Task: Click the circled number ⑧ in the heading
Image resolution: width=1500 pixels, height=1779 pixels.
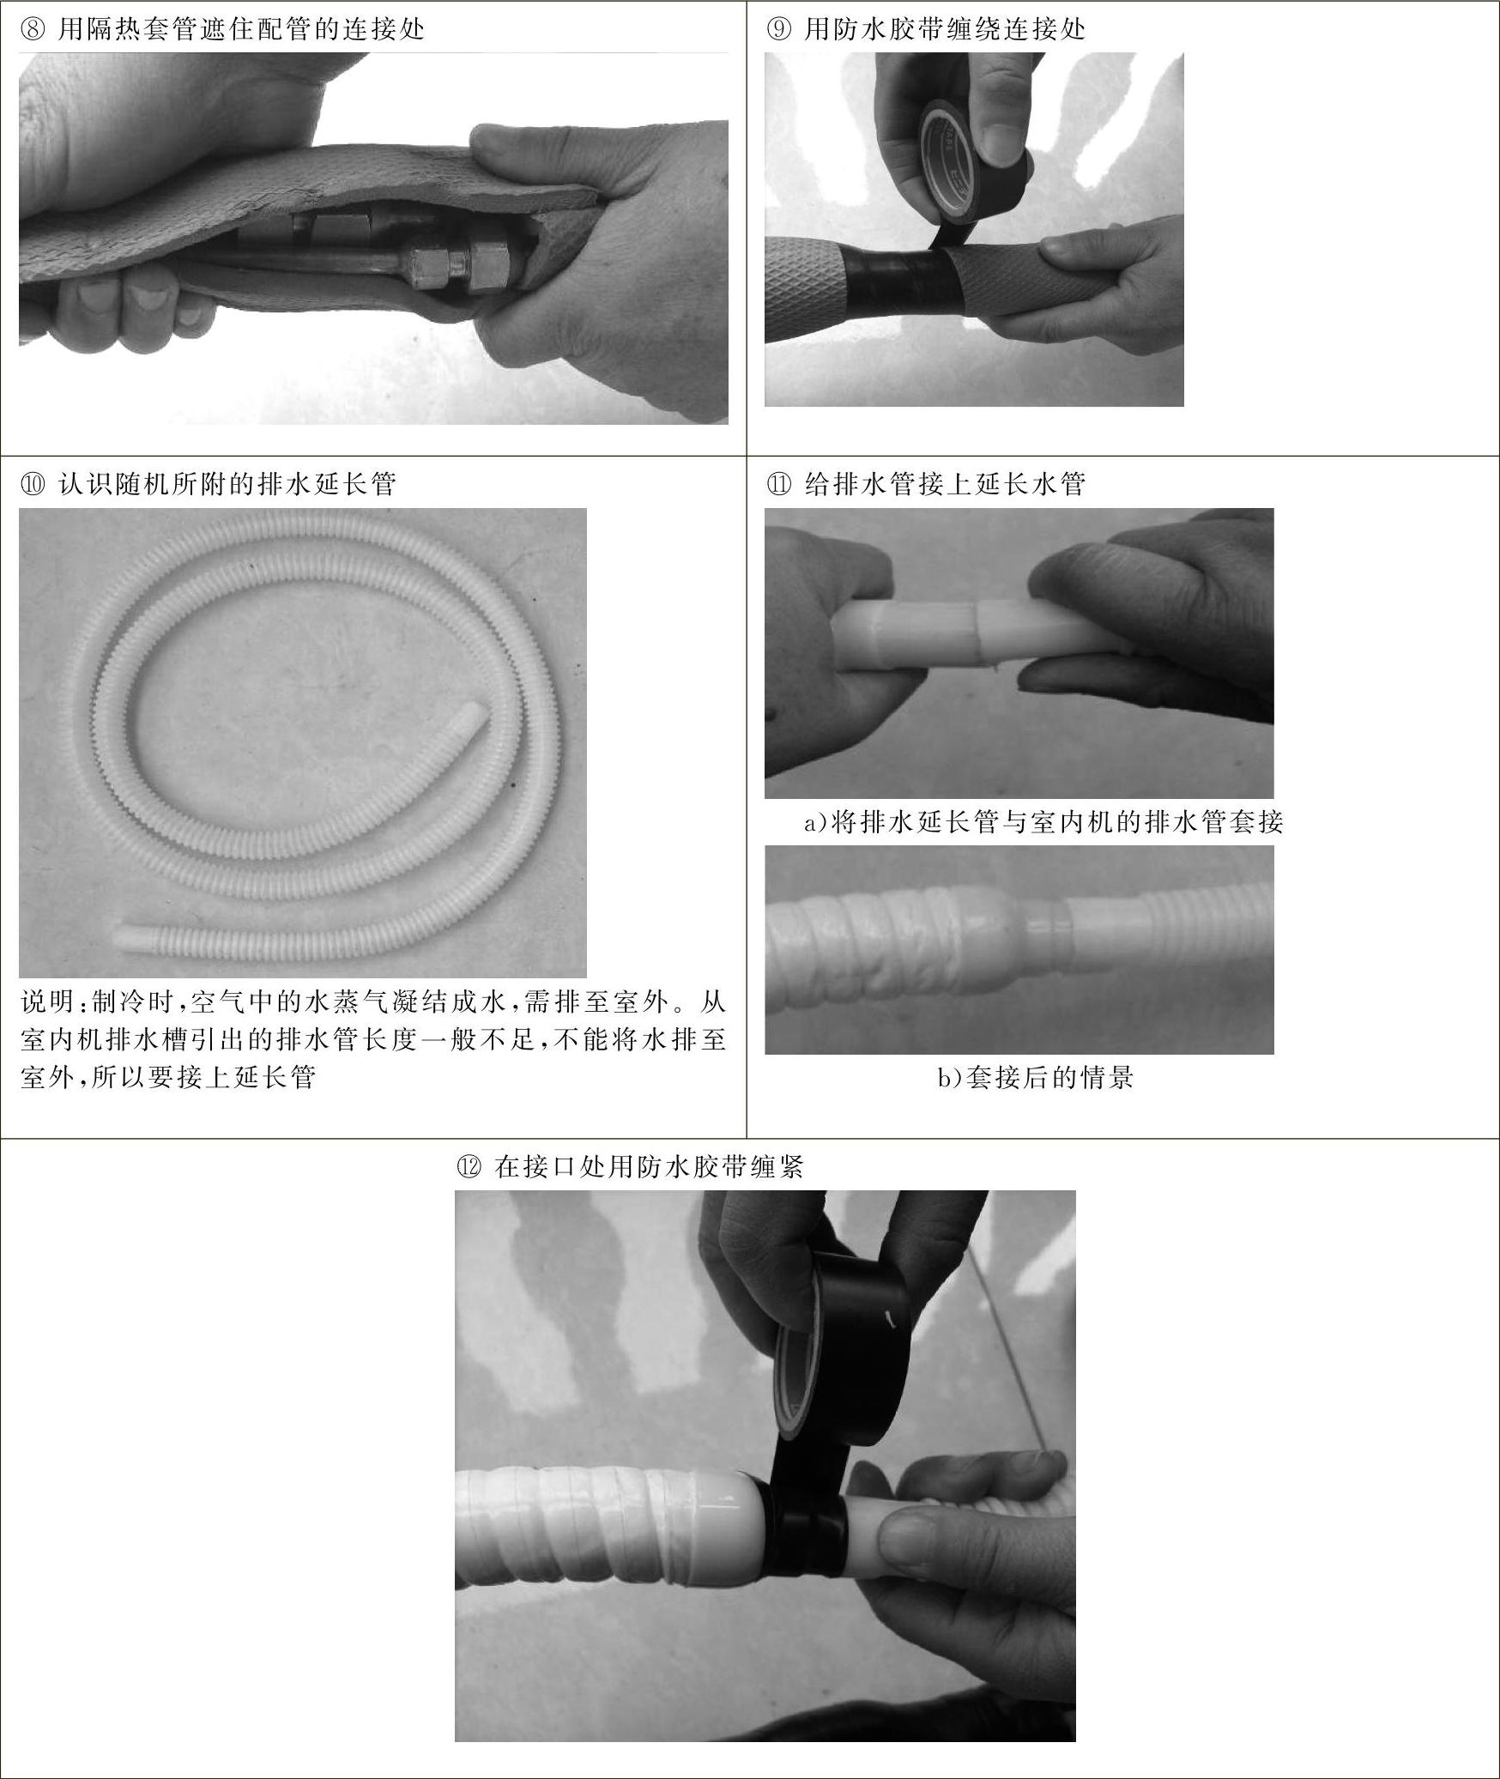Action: (x=30, y=30)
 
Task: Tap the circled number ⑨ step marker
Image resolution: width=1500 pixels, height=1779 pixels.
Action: (x=777, y=30)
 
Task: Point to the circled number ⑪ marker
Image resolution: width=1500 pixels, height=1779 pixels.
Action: (x=778, y=485)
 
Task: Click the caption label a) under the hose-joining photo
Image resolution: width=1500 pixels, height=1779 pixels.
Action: (x=817, y=823)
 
